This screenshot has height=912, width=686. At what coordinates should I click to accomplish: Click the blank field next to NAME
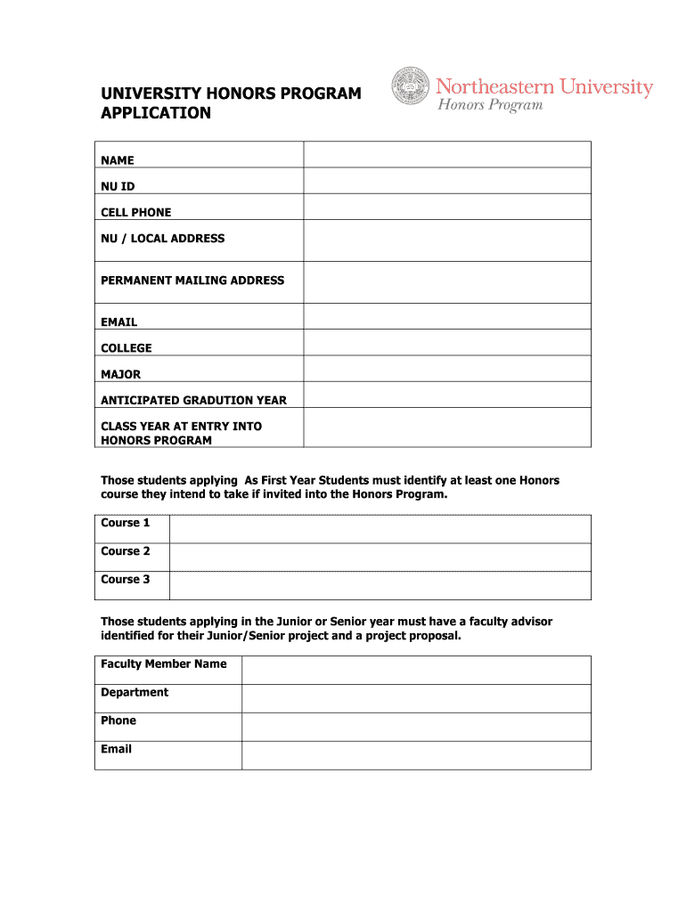pyautogui.click(x=447, y=155)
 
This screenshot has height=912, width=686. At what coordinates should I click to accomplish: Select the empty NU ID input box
pyautogui.click(x=447, y=181)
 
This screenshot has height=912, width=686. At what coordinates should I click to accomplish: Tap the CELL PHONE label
pyautogui.click(x=136, y=213)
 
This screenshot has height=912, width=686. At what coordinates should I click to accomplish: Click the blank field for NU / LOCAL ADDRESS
pyautogui.click(x=447, y=240)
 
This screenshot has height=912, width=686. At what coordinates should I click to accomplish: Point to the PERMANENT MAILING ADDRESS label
pyautogui.click(x=192, y=281)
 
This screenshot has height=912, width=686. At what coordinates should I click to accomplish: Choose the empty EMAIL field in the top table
pyautogui.click(x=447, y=316)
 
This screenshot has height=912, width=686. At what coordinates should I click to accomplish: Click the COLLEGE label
pyautogui.click(x=127, y=348)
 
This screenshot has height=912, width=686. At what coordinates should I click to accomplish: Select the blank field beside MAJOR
pyautogui.click(x=447, y=369)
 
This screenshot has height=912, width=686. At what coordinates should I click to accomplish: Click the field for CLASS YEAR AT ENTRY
pyautogui.click(x=447, y=427)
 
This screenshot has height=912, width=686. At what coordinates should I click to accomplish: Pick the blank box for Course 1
pyautogui.click(x=380, y=529)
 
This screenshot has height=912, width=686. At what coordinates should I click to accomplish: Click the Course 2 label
pyautogui.click(x=126, y=551)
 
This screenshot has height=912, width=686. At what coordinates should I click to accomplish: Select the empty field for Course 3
pyautogui.click(x=380, y=585)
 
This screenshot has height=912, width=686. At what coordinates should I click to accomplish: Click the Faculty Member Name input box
pyautogui.click(x=416, y=671)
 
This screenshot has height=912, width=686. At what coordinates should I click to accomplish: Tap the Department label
pyautogui.click(x=135, y=693)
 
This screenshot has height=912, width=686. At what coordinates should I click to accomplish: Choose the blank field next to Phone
pyautogui.click(x=416, y=727)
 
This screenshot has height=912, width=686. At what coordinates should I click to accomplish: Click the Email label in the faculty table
pyautogui.click(x=117, y=750)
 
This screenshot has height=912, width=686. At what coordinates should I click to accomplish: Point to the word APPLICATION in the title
pyautogui.click(x=156, y=113)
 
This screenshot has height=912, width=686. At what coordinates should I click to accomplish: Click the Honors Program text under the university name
pyautogui.click(x=489, y=106)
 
